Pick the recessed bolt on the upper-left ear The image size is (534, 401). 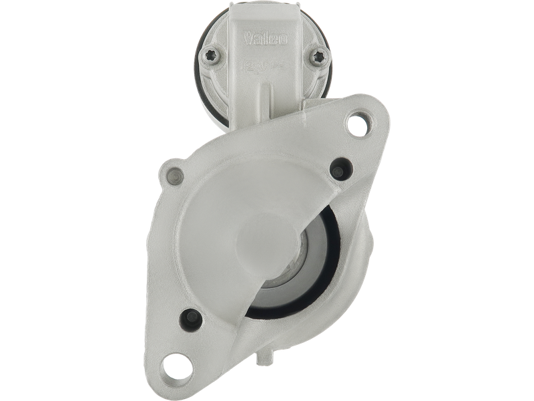[176, 176]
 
